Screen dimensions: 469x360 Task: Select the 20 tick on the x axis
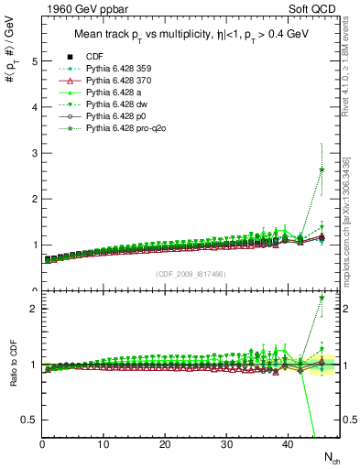(165, 444)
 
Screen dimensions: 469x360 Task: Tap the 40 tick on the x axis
(288, 444)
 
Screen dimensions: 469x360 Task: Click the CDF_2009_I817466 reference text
(190, 273)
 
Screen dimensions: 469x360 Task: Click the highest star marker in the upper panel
(322, 169)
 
